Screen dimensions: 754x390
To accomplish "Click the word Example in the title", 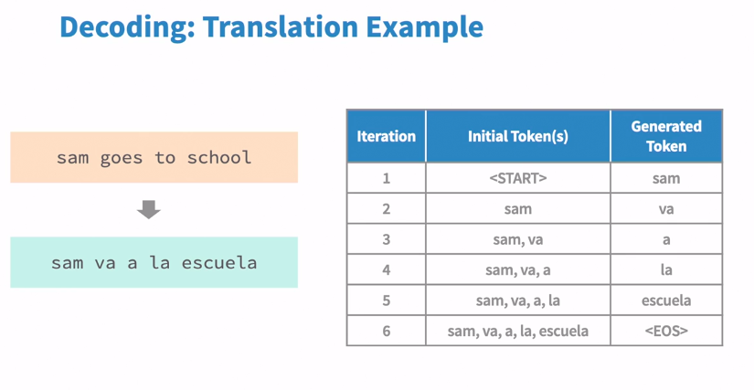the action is [x=425, y=27].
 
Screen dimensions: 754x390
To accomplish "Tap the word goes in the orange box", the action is [x=122, y=158].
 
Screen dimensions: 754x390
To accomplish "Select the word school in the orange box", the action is [x=219, y=157].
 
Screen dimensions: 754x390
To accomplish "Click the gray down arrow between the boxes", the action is [x=149, y=209].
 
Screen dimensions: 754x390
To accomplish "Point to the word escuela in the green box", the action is [x=219, y=263].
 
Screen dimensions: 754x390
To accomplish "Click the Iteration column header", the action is [x=386, y=136].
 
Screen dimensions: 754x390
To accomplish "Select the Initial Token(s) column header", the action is [x=518, y=136].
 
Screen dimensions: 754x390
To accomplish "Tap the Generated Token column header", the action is [x=666, y=136].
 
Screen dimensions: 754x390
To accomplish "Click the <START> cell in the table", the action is [x=518, y=178].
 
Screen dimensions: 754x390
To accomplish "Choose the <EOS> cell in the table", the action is [x=666, y=331].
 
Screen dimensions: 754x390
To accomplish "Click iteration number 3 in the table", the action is [x=386, y=239].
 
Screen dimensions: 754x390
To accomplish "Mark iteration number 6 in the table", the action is [x=386, y=331].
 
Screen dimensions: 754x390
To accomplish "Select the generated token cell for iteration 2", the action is [x=666, y=209].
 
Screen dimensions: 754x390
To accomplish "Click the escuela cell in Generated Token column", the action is [x=666, y=300].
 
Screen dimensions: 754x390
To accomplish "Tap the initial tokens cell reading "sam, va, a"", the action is [x=518, y=270].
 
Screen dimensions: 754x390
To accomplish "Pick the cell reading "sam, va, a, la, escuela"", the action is [x=518, y=331].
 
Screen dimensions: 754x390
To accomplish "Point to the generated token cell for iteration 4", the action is [x=666, y=269].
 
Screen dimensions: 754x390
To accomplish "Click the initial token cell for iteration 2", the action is [x=518, y=209].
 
